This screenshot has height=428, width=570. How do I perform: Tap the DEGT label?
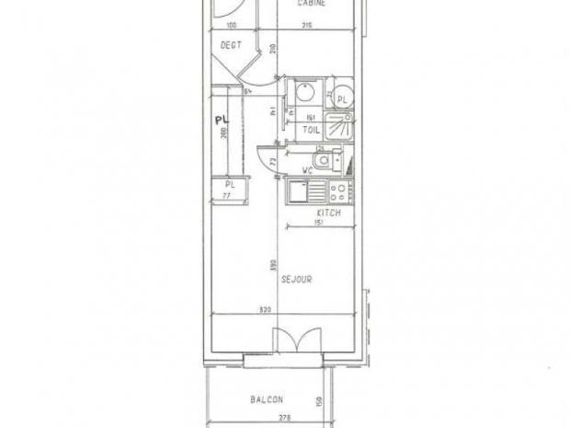tap(229, 43)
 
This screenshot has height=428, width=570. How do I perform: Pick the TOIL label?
tap(311, 131)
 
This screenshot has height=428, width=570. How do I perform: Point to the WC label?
tap(310, 171)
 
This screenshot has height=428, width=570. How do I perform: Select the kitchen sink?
tap(301, 192)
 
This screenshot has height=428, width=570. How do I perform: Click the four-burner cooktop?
tap(337, 192)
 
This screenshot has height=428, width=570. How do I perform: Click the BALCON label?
tap(267, 399)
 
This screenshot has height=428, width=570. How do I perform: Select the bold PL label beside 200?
tap(221, 120)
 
